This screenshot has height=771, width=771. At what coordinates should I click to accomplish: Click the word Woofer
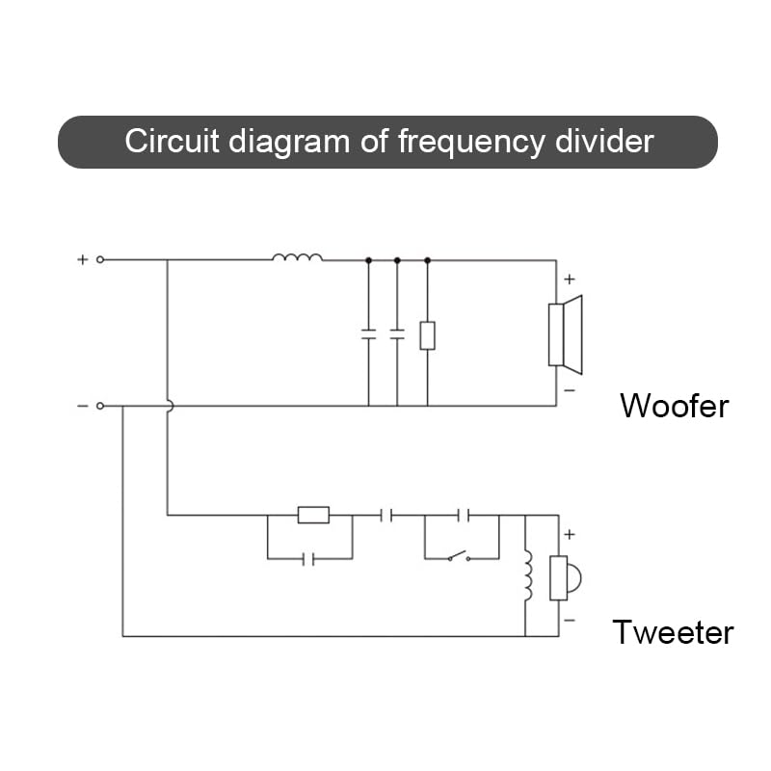[x=674, y=406]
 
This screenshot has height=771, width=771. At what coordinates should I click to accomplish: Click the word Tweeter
[x=673, y=632]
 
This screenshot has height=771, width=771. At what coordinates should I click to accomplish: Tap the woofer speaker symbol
[x=566, y=334]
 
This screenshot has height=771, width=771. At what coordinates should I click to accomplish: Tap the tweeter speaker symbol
[x=565, y=578]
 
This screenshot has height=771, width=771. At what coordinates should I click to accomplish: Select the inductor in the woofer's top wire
[x=298, y=256]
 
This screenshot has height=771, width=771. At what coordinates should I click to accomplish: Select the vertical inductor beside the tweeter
[x=527, y=575]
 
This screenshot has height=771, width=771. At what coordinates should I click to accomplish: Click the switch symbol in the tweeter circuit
[x=459, y=556]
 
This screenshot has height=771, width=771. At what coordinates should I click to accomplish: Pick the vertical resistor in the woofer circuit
[x=427, y=335]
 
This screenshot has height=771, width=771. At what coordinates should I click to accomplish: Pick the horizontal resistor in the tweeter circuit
[x=314, y=515]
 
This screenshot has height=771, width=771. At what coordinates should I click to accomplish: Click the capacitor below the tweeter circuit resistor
[x=308, y=559]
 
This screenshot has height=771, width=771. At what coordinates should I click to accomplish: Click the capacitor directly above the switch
[x=464, y=516]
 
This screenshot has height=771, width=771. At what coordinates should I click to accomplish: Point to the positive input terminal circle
[x=100, y=259]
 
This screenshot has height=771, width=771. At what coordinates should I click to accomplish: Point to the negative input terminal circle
[x=100, y=406]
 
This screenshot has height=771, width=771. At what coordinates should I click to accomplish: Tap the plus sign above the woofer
[x=570, y=279]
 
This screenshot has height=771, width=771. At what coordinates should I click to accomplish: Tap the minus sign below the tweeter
[x=570, y=620]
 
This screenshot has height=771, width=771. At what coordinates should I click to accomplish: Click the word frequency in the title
[x=471, y=143]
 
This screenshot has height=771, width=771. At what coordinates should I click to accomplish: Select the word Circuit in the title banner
[x=172, y=141]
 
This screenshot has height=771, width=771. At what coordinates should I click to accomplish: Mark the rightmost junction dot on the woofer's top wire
[x=427, y=260]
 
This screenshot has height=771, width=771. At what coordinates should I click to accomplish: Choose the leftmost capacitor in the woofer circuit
[x=368, y=334]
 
